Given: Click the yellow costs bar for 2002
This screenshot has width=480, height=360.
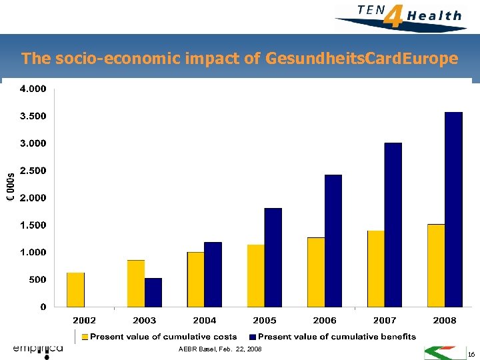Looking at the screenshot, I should coord(76,290).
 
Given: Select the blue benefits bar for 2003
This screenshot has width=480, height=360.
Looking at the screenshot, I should coord(153,293).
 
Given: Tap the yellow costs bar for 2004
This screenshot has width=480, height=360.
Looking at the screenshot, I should coord(196,279).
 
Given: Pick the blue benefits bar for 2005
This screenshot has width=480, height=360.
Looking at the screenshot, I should coord(273,257).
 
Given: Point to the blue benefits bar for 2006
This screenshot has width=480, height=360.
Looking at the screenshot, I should coord(333,241).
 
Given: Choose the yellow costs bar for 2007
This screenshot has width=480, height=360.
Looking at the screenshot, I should coord(376,269).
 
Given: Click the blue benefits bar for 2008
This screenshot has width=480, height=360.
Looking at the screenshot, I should coord(453,209).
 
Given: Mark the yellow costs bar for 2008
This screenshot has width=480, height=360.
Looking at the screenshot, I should coord(436,265).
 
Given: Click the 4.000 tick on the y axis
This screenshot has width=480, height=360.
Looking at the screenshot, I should coord(33,89).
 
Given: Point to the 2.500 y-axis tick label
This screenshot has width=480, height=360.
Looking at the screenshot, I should coord(33,171).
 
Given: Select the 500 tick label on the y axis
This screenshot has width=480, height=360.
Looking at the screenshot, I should coord(37,280).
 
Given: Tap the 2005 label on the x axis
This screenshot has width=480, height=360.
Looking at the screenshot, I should coord(265,321).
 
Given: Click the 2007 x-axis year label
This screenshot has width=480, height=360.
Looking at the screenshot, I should coord(385,321).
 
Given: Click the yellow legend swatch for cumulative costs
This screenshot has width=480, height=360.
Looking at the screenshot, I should coord(84,337).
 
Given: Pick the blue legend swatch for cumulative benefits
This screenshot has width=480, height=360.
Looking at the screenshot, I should coord(253,337).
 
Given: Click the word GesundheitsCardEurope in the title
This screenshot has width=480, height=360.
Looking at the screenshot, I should coord(361,59).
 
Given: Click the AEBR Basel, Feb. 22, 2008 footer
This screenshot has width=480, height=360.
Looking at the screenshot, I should coord(220,349).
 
